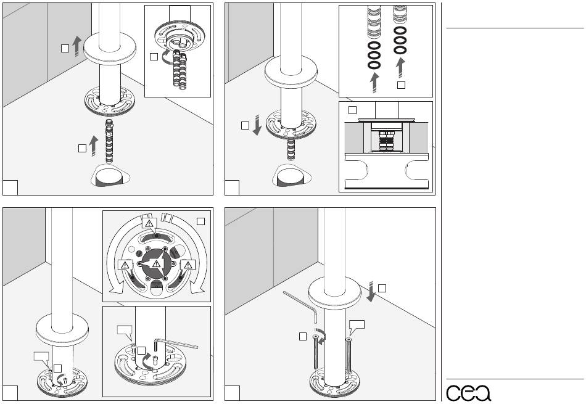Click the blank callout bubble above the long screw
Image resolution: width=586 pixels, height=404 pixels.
click(357, 324)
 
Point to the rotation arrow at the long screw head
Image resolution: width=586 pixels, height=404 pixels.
click(321, 337)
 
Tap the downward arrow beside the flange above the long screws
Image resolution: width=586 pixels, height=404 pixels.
click(371, 291)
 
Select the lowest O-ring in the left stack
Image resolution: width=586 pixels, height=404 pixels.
click(373, 65)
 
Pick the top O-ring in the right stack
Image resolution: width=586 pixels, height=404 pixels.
click(400, 30)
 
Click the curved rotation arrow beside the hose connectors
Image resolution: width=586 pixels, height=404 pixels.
click(166, 59)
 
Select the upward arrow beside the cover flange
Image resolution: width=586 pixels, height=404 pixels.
click(76, 46)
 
